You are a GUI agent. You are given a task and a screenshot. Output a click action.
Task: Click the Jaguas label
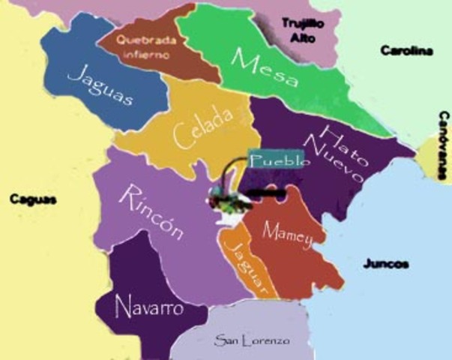tap(102, 86)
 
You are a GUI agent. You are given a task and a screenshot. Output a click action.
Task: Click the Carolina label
tap(406, 51)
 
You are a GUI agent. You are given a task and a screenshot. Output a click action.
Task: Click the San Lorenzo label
tap(251, 341)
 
